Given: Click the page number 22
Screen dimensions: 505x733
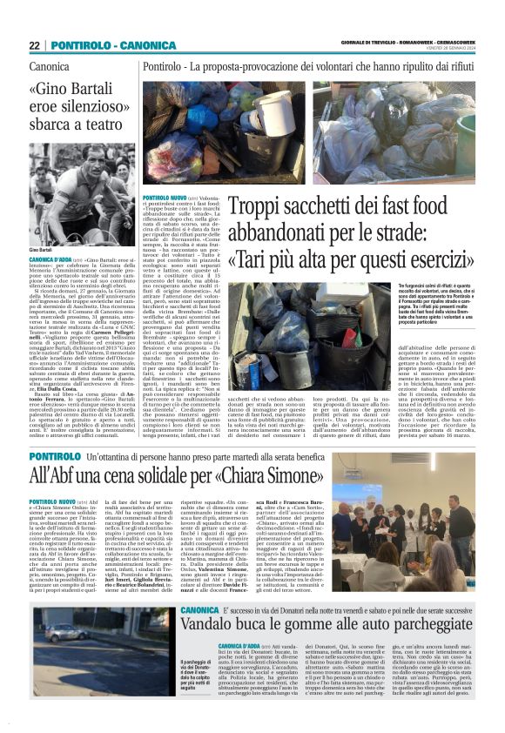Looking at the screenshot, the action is coord(35,45).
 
